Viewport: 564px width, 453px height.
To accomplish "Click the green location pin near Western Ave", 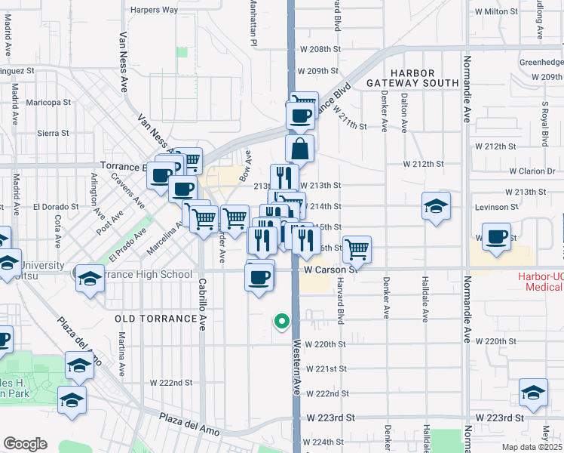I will (x=282, y=322).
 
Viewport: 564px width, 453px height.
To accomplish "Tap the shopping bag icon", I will (x=300, y=149).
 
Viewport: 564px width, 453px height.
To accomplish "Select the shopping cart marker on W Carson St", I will (x=357, y=248).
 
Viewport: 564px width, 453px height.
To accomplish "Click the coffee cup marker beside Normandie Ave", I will (x=497, y=236).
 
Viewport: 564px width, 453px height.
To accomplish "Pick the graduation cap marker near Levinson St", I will (x=436, y=206).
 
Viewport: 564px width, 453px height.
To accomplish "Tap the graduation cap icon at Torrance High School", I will (x=89, y=278).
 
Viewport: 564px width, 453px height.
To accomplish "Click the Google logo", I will (x=25, y=443).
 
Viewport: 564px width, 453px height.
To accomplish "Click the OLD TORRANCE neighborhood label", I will (x=156, y=319).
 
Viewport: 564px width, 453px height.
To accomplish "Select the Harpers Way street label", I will (x=154, y=10).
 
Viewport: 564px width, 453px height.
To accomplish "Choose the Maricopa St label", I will (x=48, y=102).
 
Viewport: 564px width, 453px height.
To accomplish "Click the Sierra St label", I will (x=53, y=133).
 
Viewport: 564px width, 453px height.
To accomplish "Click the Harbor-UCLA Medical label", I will (x=540, y=281).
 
